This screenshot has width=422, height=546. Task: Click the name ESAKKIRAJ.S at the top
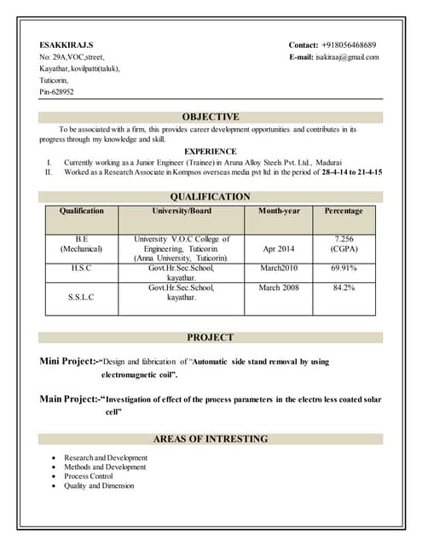(x=66, y=44)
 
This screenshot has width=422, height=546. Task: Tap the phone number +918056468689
(x=349, y=44)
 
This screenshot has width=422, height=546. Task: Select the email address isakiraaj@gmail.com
(x=347, y=57)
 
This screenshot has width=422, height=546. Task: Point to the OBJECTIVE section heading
(x=211, y=117)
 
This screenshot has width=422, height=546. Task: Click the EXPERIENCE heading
(x=211, y=150)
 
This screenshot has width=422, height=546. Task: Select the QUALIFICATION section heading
(x=211, y=196)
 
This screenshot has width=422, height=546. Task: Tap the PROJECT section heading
(x=211, y=337)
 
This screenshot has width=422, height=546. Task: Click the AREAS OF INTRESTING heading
(x=211, y=439)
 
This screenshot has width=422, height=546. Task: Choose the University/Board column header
(x=182, y=211)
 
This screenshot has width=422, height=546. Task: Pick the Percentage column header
(x=344, y=211)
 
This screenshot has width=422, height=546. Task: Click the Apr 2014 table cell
(x=279, y=249)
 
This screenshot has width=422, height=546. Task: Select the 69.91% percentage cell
(x=344, y=268)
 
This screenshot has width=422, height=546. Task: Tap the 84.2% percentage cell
(x=344, y=288)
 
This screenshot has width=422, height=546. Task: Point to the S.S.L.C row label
(x=81, y=297)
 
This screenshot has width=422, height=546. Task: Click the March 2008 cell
(x=279, y=288)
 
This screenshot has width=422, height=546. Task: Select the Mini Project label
(x=70, y=362)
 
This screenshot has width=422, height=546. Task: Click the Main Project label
(x=70, y=399)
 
